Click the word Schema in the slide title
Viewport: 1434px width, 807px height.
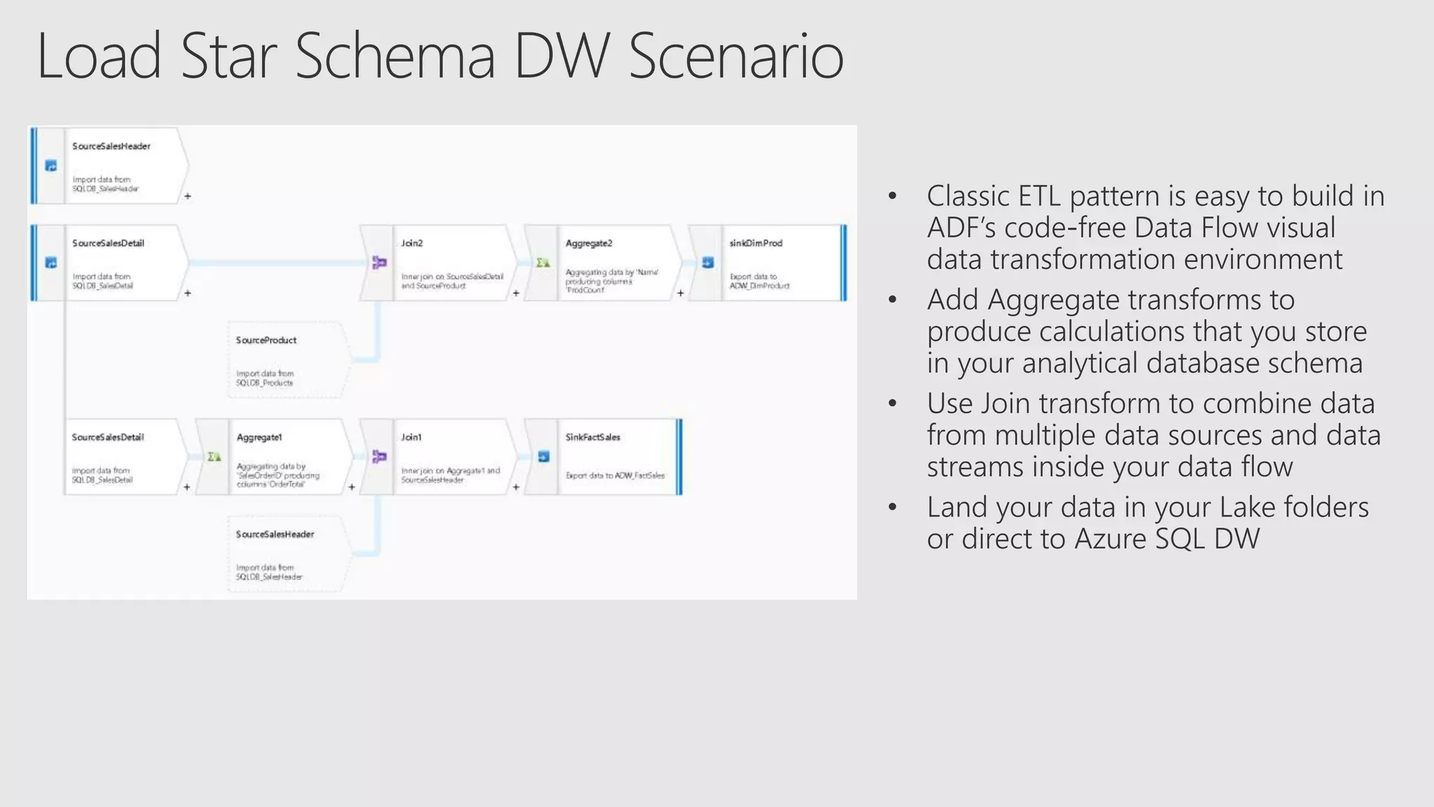pos(395,56)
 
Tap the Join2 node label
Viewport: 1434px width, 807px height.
pos(412,243)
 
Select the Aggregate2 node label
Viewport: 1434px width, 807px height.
pos(589,243)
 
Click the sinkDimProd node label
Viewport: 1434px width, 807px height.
pos(756,243)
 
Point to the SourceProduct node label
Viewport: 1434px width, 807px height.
pos(266,340)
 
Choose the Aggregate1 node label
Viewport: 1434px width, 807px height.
pos(259,437)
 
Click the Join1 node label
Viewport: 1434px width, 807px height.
pos(411,437)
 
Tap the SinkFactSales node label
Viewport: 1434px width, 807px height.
pos(592,437)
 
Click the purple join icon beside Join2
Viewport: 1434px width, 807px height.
pos(379,263)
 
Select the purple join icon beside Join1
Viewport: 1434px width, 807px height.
pos(379,457)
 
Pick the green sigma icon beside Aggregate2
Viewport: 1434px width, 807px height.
pos(543,263)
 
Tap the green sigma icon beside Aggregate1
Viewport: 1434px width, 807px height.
pos(214,457)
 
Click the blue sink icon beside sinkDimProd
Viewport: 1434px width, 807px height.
pos(708,263)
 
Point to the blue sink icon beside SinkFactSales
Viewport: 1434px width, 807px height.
pos(543,457)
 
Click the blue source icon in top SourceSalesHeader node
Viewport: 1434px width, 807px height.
pos(50,166)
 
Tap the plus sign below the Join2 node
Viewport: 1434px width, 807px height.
pos(516,294)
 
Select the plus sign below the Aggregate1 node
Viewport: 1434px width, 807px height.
pos(351,487)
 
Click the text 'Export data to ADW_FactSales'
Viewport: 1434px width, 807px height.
pos(615,476)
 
